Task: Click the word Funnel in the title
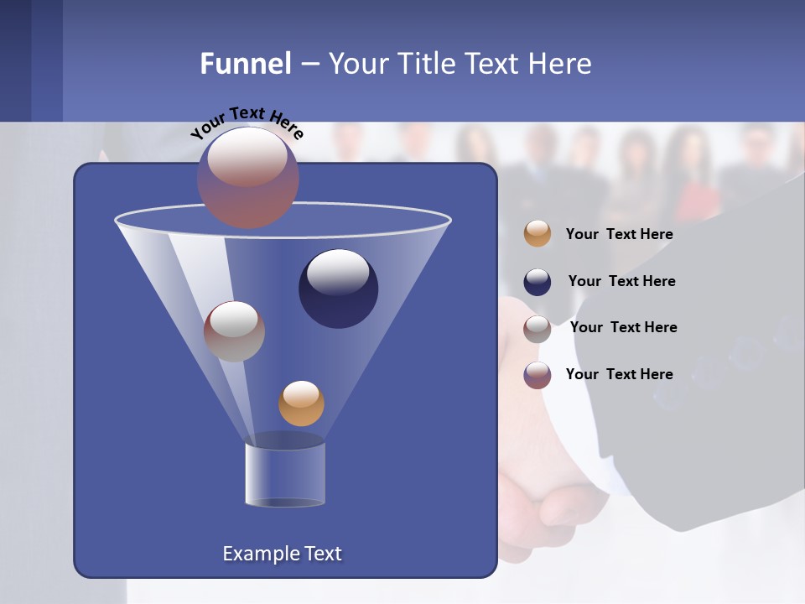click(x=245, y=64)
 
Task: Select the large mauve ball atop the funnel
click(x=248, y=178)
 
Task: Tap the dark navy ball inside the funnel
click(x=338, y=289)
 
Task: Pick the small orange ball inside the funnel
click(x=301, y=404)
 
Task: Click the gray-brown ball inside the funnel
click(x=234, y=331)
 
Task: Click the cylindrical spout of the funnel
click(x=284, y=474)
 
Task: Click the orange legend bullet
click(x=538, y=234)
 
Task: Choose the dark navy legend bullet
click(x=538, y=282)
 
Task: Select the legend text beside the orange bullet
click(x=619, y=234)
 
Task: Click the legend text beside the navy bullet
click(x=621, y=281)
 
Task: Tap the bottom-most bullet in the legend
click(x=538, y=375)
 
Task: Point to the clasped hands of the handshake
click(x=553, y=495)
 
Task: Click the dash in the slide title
click(x=309, y=64)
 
